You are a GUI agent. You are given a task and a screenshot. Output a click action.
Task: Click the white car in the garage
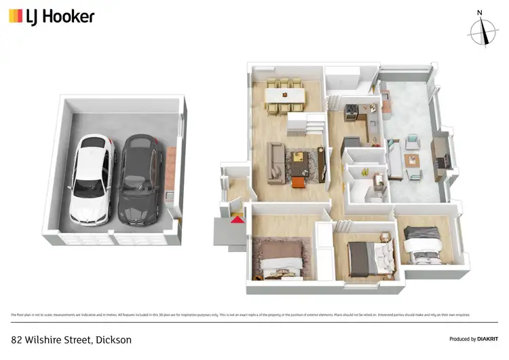[x=90, y=179]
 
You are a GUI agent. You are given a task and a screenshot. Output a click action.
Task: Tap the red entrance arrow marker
[x=236, y=219]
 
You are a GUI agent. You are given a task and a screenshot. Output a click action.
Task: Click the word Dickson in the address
[x=114, y=339]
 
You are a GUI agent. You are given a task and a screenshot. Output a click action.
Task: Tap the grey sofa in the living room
[x=276, y=162]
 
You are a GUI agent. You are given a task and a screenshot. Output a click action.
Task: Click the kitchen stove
[x=352, y=111]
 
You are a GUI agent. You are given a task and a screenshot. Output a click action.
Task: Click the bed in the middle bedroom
[x=370, y=258]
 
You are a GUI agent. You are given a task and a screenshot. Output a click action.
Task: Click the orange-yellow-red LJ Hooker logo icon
[x=15, y=16]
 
